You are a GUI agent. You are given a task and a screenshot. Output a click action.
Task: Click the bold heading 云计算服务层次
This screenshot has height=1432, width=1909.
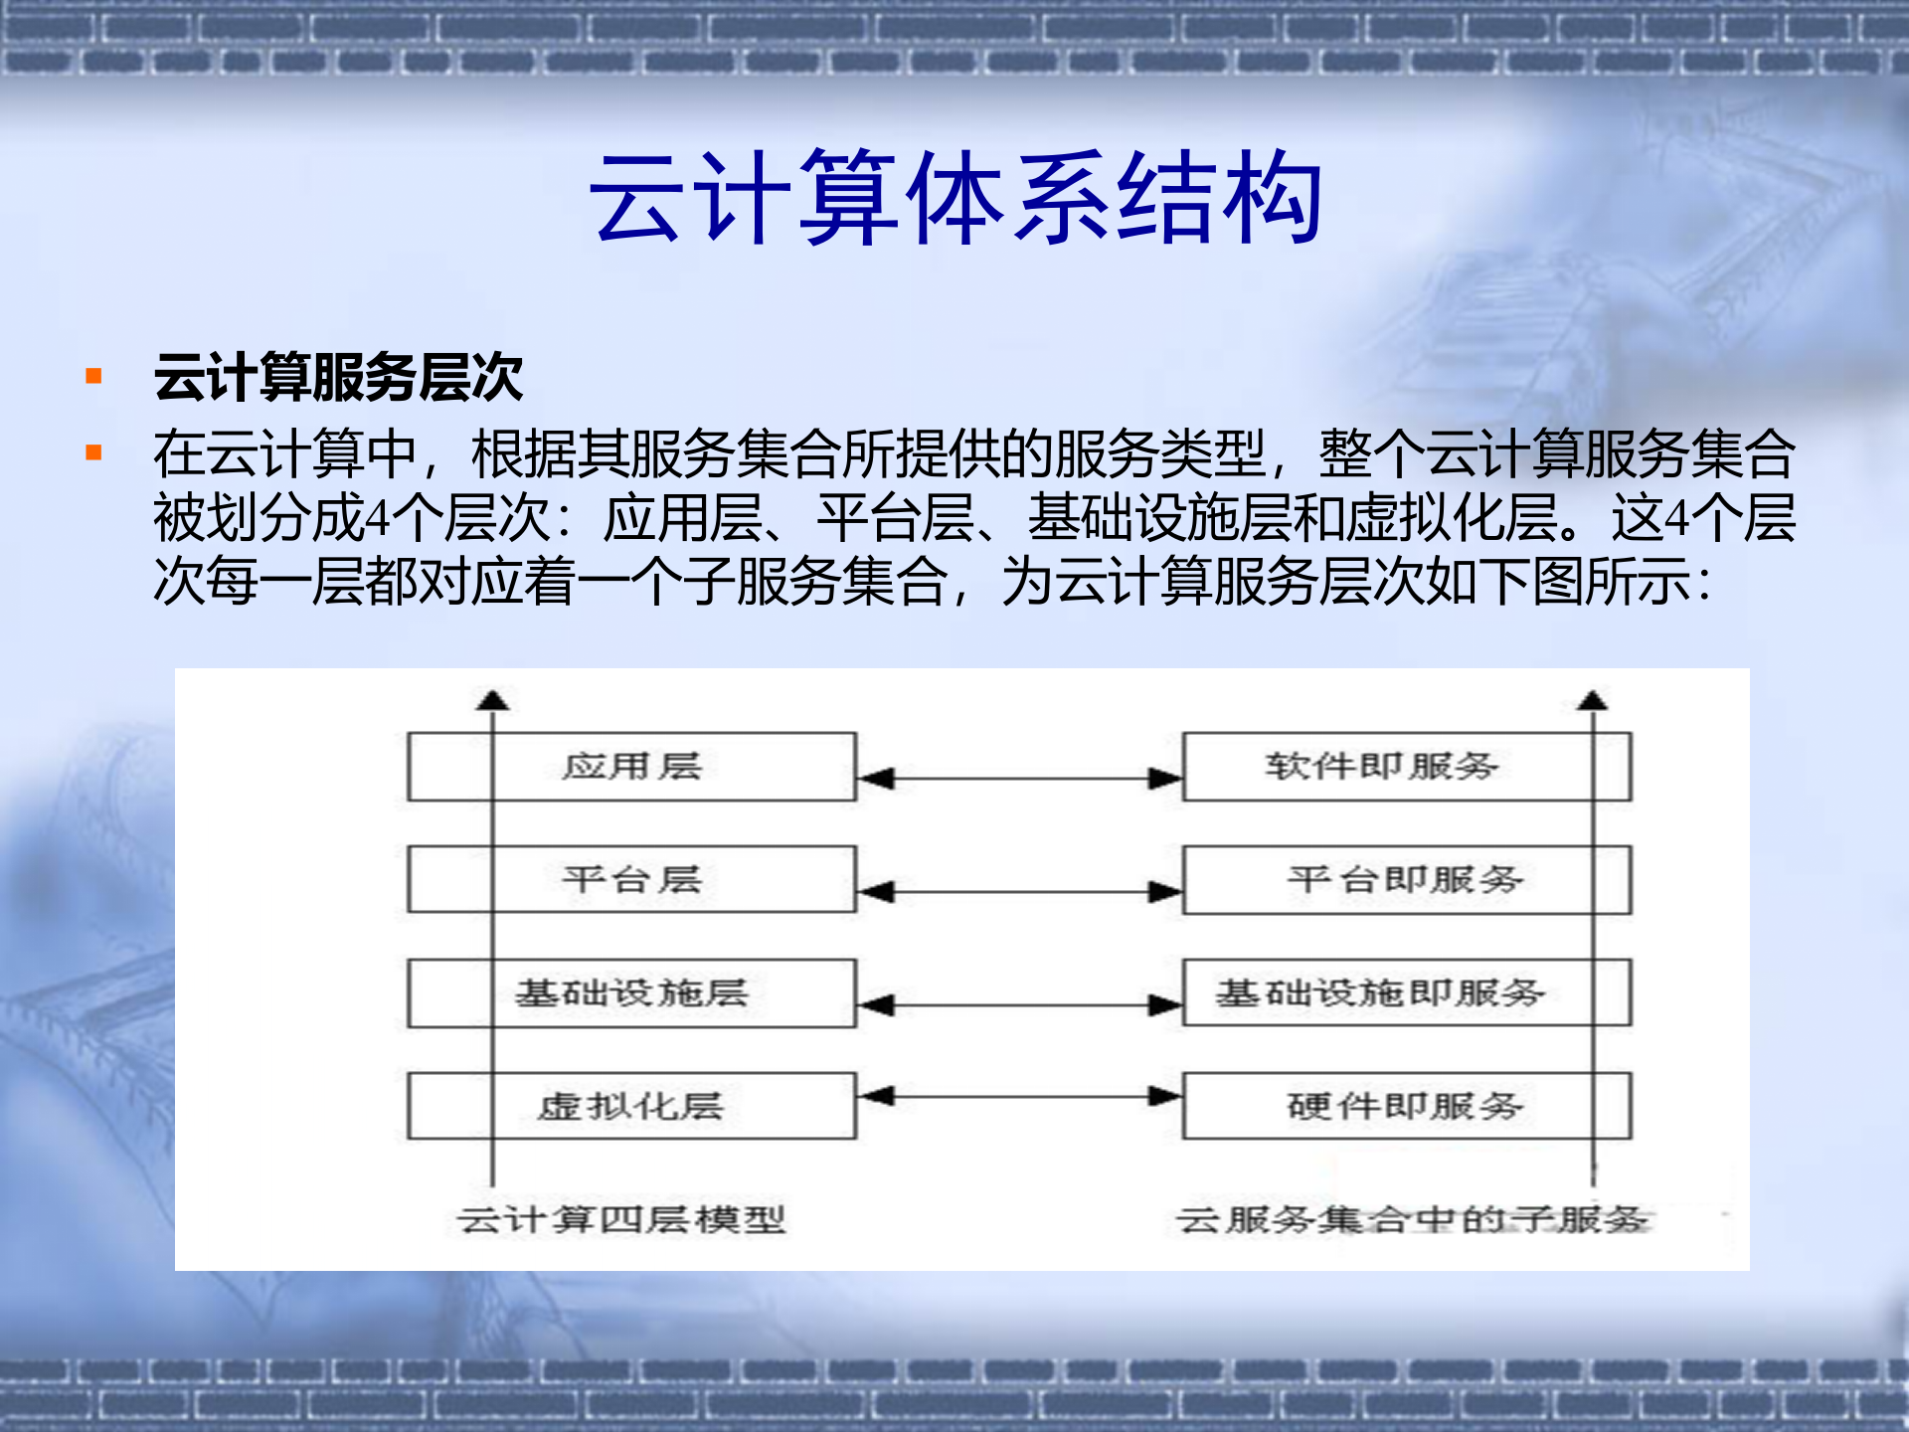pos(338,378)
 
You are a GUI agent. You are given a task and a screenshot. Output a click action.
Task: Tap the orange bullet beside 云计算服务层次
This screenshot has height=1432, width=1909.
pos(94,376)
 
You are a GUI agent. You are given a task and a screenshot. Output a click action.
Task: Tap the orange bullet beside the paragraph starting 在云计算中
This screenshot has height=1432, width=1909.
pos(94,454)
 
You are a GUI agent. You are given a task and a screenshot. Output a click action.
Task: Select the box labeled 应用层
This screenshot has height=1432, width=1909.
pos(631,767)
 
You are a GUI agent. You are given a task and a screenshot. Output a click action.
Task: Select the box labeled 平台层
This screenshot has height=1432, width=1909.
pos(631,880)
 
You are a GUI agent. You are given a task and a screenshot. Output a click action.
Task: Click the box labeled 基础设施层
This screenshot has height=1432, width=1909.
pos(631,992)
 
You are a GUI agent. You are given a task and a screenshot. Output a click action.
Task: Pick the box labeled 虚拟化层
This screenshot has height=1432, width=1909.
pos(631,1106)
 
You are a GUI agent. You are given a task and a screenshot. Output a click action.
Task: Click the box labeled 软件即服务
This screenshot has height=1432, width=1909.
pos(1406,767)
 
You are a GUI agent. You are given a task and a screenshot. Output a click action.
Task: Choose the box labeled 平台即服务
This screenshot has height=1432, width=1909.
pos(1406,880)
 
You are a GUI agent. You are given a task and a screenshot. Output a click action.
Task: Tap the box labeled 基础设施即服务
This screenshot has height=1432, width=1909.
pos(1406,992)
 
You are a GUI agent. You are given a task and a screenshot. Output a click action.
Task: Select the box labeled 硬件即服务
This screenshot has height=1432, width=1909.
pos(1406,1106)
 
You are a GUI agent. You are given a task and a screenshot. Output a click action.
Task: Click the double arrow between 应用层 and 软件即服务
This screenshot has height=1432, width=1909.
pos(1019,779)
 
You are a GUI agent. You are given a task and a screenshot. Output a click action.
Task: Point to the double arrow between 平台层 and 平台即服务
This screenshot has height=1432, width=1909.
pos(1019,892)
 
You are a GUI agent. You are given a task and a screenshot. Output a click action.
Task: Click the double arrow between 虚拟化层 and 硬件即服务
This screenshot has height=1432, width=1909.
pos(1019,1097)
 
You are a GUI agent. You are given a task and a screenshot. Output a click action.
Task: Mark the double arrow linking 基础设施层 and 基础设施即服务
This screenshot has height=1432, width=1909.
pos(1019,1005)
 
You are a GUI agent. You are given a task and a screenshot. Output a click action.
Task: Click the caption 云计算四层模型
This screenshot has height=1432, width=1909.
pos(621,1219)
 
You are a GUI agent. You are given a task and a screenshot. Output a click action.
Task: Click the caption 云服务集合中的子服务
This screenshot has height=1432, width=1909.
pos(1412,1219)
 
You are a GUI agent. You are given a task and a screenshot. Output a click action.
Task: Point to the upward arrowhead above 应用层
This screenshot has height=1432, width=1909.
pos(492,700)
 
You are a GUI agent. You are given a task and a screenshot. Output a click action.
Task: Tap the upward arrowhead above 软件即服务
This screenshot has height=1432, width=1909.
pos(1592,700)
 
